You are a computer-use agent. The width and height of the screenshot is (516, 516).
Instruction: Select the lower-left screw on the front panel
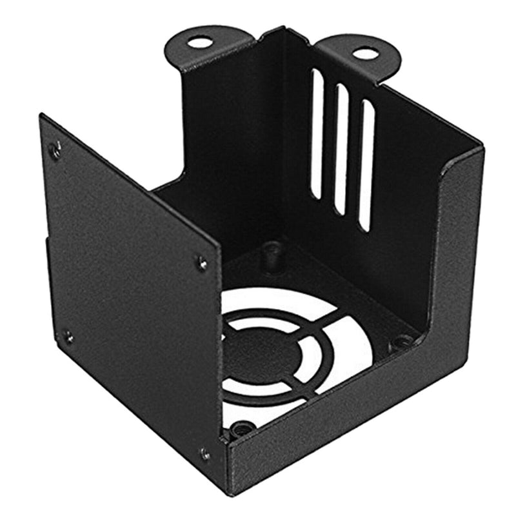68,337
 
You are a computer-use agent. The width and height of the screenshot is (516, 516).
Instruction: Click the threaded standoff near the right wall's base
402,341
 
